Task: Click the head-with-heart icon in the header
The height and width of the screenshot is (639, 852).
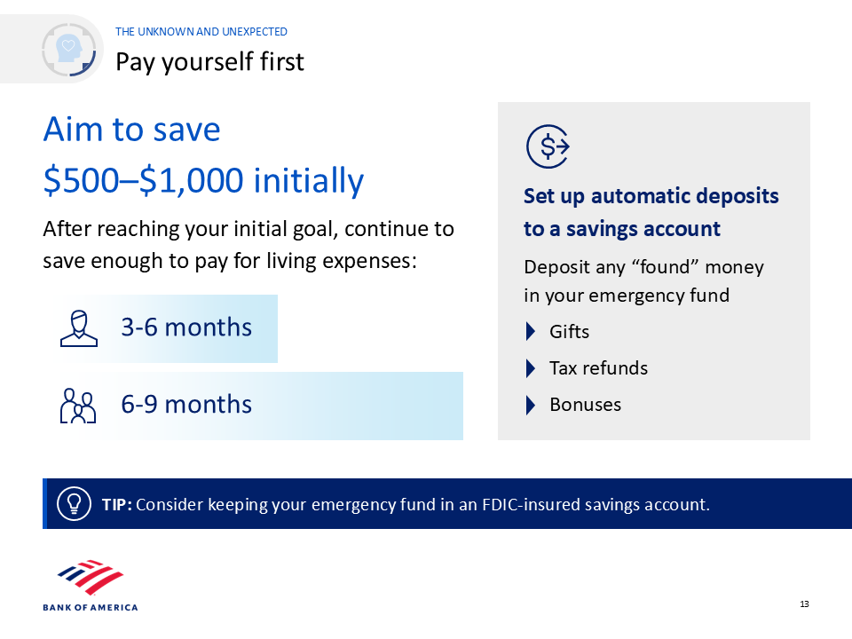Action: (69, 50)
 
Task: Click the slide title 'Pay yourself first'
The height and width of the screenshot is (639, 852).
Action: (209, 62)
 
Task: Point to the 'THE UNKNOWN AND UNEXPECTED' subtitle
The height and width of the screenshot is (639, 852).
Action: (201, 32)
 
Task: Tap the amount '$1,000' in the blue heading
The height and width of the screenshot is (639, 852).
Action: (192, 180)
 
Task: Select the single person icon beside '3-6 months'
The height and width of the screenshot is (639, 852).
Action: (79, 328)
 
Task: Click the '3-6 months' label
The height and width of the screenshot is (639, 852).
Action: (186, 327)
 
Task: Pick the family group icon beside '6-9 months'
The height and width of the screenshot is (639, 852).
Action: (78, 406)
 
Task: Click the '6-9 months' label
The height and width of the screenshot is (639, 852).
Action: (186, 405)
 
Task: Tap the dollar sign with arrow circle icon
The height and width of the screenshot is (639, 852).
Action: (548, 146)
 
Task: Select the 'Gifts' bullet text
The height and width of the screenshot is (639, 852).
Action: (569, 331)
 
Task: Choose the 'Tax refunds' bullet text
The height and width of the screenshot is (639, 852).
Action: (598, 367)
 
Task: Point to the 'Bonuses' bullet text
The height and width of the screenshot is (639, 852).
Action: (585, 405)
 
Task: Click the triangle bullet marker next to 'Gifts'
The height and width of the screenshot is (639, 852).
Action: (531, 331)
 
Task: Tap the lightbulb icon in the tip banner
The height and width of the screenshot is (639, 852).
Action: (74, 504)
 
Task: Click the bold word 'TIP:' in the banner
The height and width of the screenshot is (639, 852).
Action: (117, 504)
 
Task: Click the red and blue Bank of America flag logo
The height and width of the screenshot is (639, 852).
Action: (91, 577)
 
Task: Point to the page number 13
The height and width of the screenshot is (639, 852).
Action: (804, 604)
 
